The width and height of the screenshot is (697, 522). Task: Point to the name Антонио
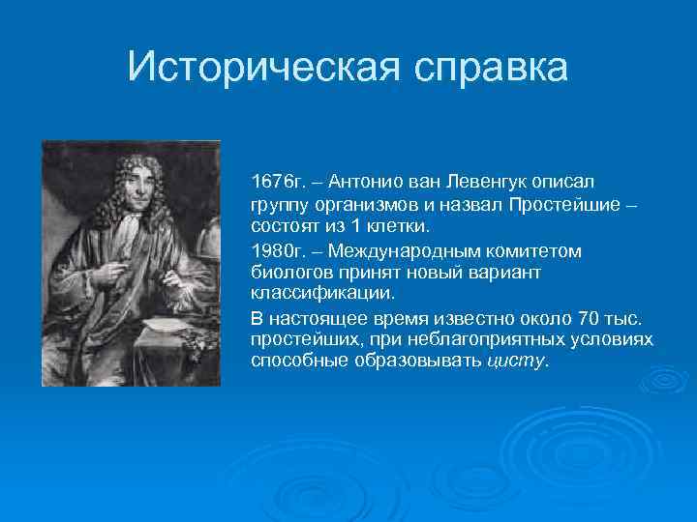tap(365, 182)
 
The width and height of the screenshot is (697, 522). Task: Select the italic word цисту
tap(515, 362)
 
